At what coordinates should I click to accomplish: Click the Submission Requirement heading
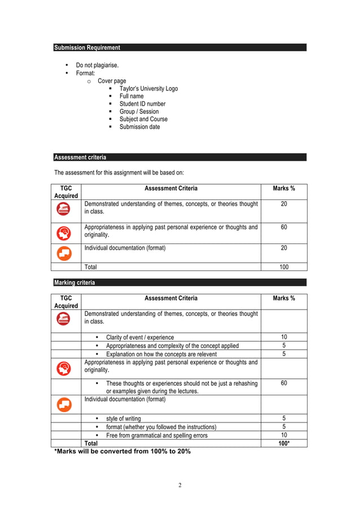click(87, 48)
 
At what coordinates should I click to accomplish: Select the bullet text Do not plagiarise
click(97, 66)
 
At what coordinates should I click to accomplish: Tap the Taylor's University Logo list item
click(148, 89)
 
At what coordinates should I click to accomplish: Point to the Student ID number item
click(142, 104)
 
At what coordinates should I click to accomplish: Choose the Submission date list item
click(139, 127)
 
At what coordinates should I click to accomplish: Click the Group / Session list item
click(139, 112)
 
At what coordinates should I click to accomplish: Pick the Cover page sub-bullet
click(112, 81)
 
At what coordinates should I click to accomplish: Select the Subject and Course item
click(143, 119)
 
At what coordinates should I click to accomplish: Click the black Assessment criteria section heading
click(80, 158)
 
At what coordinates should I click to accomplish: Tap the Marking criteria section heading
click(74, 282)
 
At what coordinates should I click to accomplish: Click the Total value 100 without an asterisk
click(284, 267)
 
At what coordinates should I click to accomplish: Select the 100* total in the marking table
click(284, 443)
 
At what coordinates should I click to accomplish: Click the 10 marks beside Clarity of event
click(284, 337)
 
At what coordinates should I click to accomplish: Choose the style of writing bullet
click(124, 419)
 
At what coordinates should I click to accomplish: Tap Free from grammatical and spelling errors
click(157, 435)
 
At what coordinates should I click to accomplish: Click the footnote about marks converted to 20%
click(122, 452)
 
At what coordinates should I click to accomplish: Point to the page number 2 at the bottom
click(180, 485)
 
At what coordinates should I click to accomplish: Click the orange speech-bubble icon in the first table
click(64, 253)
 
